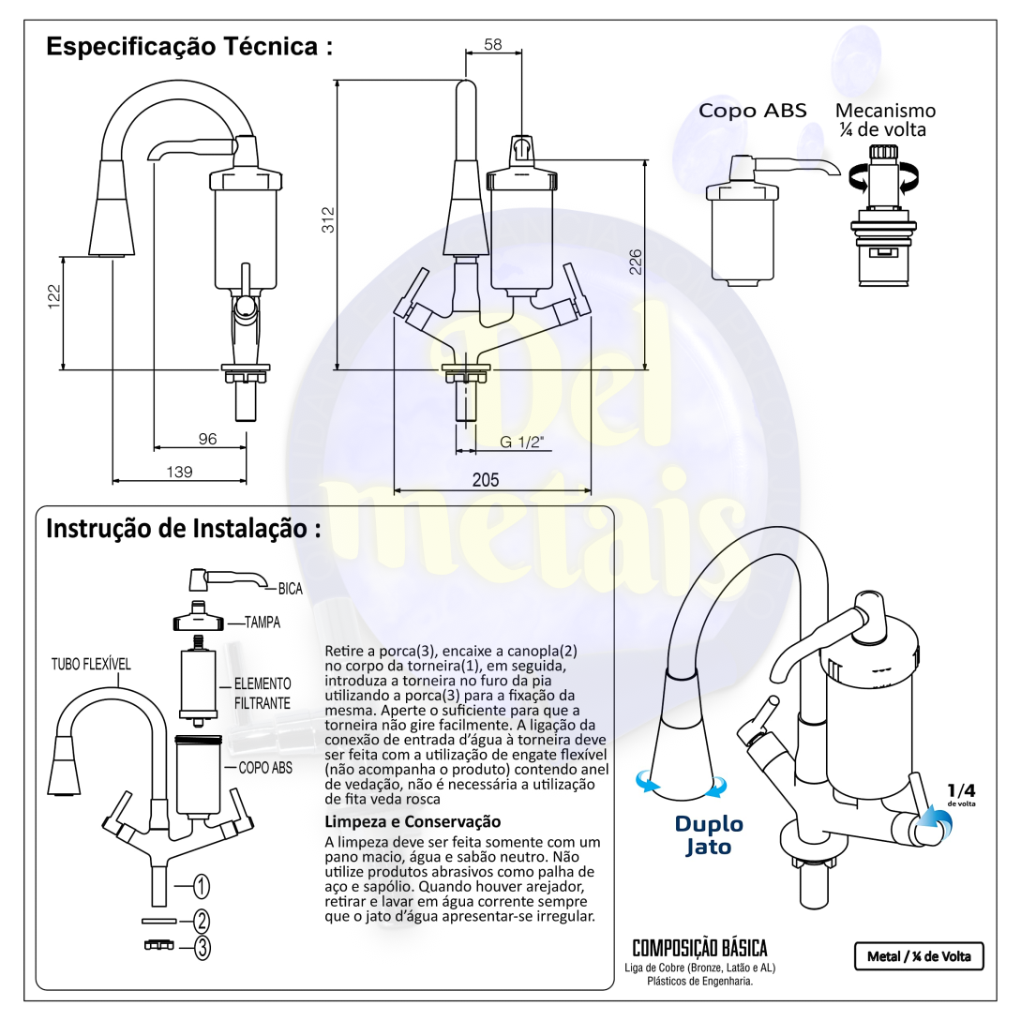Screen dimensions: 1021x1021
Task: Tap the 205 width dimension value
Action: coord(485,479)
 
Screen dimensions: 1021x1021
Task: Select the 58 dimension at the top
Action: coord(494,43)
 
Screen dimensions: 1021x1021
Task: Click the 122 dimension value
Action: coord(54,295)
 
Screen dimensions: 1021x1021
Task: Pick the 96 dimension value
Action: coord(208,438)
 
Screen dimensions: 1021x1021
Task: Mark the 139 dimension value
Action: coord(179,472)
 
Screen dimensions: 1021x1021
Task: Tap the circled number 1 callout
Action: coord(202,885)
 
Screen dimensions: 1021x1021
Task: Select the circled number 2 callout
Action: coord(202,922)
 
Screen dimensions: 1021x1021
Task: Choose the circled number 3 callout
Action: coord(202,947)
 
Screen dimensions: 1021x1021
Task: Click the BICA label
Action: coord(290,590)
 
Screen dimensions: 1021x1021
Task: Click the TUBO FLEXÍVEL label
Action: coord(91,664)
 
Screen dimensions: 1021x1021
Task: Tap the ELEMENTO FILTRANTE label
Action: coord(263,692)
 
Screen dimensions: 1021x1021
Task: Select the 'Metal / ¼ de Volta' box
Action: coord(918,956)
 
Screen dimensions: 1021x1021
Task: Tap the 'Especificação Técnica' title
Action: coord(190,47)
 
